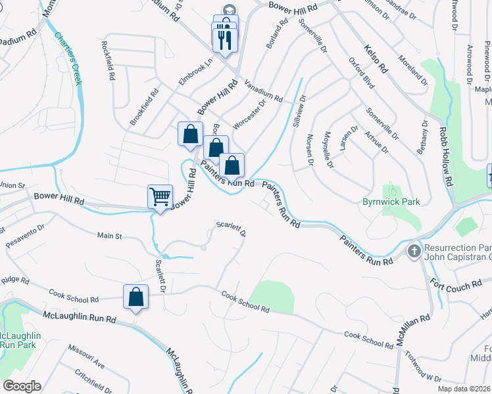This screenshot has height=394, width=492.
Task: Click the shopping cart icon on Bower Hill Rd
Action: click(160, 196)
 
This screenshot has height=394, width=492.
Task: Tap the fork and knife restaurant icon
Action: click(224, 39)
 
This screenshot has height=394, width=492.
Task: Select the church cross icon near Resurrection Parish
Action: click(414, 251)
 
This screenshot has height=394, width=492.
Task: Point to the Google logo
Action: click(22, 386)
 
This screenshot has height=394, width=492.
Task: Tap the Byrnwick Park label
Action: click(391, 202)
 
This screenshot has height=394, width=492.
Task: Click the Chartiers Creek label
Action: click(68, 59)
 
